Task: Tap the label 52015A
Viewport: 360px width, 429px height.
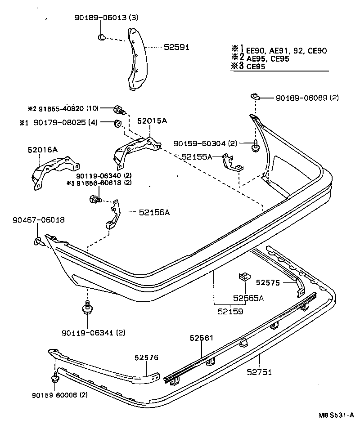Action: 152,121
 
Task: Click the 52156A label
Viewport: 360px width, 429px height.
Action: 154,212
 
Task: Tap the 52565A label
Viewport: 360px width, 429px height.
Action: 248,298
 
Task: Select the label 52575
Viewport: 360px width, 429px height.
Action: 268,282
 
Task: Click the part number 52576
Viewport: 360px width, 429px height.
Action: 146,357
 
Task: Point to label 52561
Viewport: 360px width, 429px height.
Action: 201,338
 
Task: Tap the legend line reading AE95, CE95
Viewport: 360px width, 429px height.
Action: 261,58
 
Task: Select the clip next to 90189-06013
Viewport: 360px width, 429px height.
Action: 102,36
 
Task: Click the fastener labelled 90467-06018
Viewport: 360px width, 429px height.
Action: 38,242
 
